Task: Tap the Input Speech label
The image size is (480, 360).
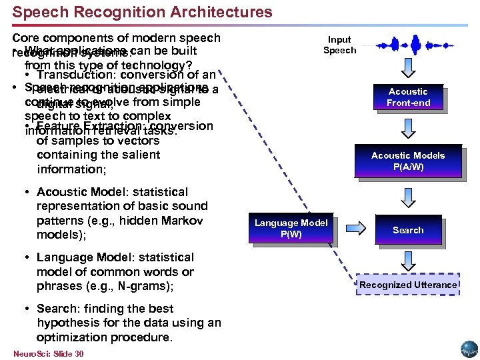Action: coord(339,45)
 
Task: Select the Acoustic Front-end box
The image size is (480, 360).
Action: coord(408,97)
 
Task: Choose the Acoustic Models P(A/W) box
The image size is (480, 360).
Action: coord(407,161)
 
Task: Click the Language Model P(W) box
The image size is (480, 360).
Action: coord(291,229)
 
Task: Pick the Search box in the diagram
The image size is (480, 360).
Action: coord(407,230)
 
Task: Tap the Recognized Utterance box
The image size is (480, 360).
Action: coord(408,285)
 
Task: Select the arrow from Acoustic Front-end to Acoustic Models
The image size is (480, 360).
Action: coord(408,127)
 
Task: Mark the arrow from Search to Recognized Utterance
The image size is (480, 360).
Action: coord(408,257)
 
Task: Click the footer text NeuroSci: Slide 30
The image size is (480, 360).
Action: coord(48,353)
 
